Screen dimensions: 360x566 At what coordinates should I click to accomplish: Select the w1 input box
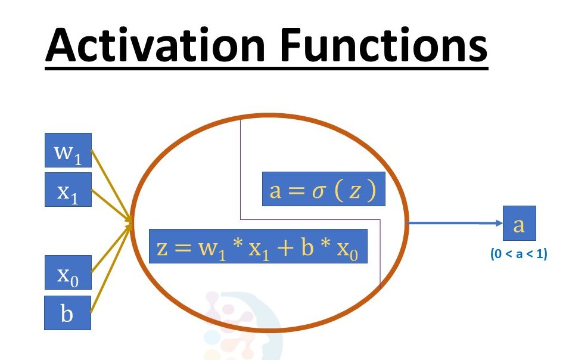pyautogui.click(x=68, y=150)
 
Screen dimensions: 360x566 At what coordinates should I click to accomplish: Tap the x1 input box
pyautogui.click(x=68, y=190)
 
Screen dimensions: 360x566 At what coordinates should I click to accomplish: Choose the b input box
pyautogui.click(x=68, y=313)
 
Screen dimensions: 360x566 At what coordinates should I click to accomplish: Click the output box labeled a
pyautogui.click(x=519, y=224)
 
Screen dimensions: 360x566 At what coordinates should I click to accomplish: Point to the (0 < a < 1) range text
pyautogui.click(x=519, y=254)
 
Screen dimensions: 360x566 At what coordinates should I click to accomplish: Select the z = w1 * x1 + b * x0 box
pyautogui.click(x=257, y=247)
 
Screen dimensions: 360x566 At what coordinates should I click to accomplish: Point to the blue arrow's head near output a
pyautogui.click(x=498, y=224)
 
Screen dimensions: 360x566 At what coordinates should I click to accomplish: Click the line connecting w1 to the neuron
pyautogui.click(x=111, y=185)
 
